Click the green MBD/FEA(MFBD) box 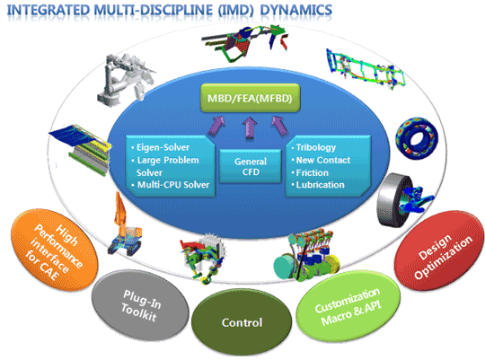(x=251, y=98)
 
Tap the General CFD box (x=251, y=166)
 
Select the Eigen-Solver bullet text (x=163, y=147)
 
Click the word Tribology (x=316, y=147)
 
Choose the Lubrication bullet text (x=320, y=185)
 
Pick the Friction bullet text (x=312, y=172)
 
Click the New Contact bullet (x=323, y=160)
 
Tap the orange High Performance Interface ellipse (x=54, y=250)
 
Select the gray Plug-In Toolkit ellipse (x=141, y=305)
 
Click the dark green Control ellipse (x=242, y=322)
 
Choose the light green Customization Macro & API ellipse (x=348, y=306)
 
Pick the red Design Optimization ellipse (x=439, y=250)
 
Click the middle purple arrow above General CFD (x=250, y=127)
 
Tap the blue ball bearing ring (x=417, y=138)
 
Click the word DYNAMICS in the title (x=296, y=10)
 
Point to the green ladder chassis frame (x=366, y=68)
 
